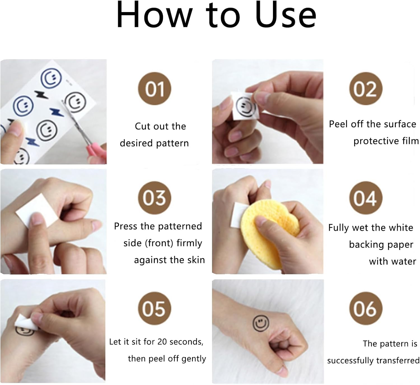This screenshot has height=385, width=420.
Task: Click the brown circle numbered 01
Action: (x=155, y=89)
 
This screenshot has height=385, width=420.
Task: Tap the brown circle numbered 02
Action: (x=366, y=89)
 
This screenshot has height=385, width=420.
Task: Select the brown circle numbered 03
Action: (x=155, y=198)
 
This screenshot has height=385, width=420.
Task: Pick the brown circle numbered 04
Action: (x=366, y=198)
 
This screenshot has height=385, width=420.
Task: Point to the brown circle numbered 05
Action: (x=155, y=308)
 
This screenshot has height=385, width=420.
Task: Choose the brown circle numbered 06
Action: (x=366, y=308)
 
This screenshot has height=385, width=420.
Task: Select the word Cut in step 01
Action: (x=143, y=126)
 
